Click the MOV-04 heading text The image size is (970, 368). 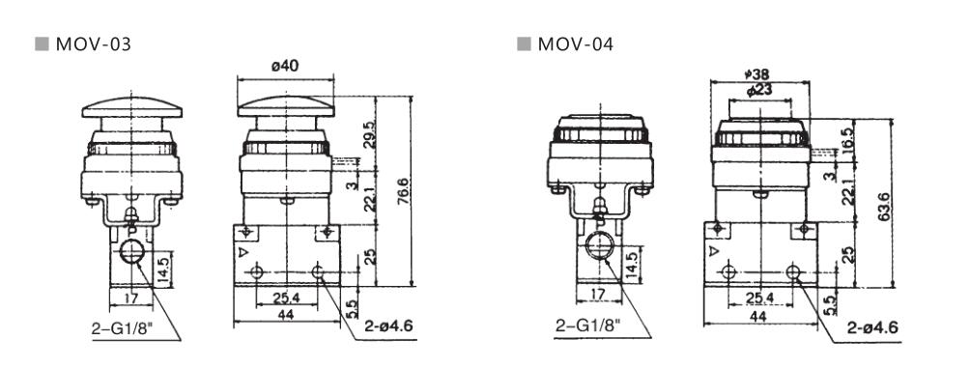[x=576, y=44]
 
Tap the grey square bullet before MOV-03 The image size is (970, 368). [x=42, y=44]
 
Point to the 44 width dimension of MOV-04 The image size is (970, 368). [x=757, y=316]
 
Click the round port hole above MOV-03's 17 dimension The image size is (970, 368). [x=128, y=253]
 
